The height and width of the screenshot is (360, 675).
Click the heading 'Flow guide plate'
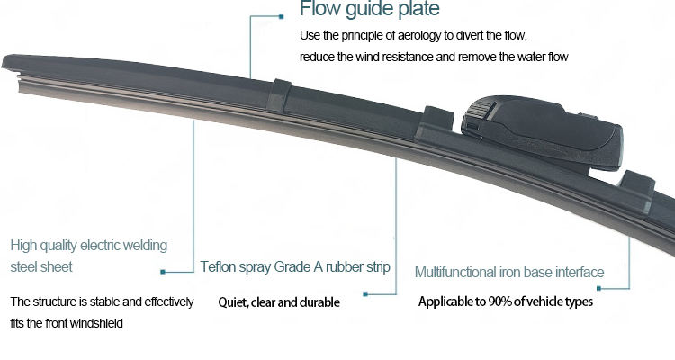pyautogui.click(x=370, y=11)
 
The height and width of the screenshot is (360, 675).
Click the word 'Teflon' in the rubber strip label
pyautogui.click(x=219, y=267)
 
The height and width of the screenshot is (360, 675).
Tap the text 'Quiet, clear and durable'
pyautogui.click(x=279, y=302)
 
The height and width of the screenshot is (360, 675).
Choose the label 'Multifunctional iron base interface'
pyautogui.click(x=509, y=272)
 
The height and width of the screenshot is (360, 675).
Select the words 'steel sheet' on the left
pyautogui.click(x=41, y=267)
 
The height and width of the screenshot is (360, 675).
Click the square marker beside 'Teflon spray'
pyautogui.click(x=162, y=269)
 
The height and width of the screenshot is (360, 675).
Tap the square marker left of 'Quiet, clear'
pyautogui.click(x=365, y=292)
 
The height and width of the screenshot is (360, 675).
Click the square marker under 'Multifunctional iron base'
pyautogui.click(x=599, y=287)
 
